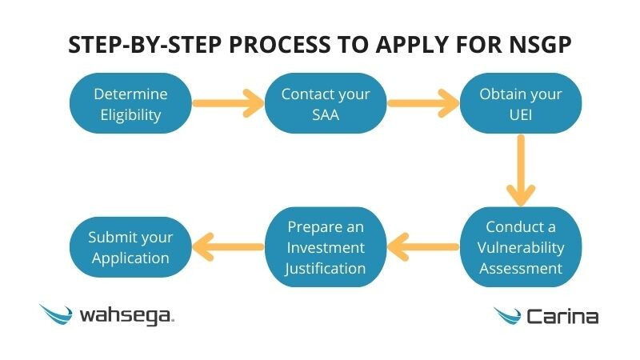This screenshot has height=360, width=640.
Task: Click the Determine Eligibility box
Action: pyautogui.click(x=130, y=104)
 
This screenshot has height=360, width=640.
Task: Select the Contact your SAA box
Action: pyautogui.click(x=326, y=104)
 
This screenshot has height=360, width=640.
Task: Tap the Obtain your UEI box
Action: pyautogui.click(x=520, y=104)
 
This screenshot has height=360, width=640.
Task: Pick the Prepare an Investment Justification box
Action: pyautogui.click(x=325, y=247)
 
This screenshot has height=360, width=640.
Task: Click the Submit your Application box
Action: pyautogui.click(x=130, y=248)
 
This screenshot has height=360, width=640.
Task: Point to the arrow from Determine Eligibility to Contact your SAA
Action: pyautogui.click(x=228, y=103)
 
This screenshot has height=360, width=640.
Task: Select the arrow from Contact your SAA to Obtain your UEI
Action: pyautogui.click(x=423, y=103)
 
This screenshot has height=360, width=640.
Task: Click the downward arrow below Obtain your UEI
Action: pyautogui.click(x=521, y=170)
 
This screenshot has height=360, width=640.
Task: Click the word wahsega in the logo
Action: pyautogui.click(x=126, y=316)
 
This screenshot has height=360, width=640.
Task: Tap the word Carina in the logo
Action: pyautogui.click(x=562, y=317)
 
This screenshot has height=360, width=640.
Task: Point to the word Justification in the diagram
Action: pyautogui.click(x=325, y=268)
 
